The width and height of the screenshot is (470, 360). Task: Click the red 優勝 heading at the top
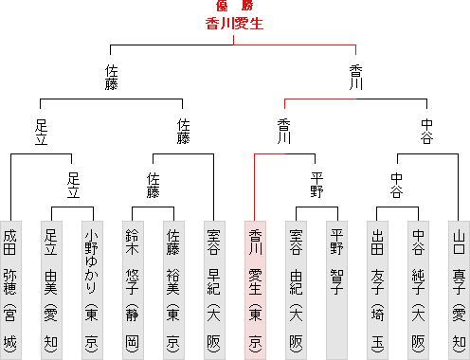234,6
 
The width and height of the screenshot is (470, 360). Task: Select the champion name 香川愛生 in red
234,24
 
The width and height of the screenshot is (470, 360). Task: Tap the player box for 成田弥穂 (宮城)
10,290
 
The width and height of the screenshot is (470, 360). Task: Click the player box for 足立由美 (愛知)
51,290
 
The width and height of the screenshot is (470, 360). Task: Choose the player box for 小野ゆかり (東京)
92,290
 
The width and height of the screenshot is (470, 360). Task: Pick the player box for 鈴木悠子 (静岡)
133,290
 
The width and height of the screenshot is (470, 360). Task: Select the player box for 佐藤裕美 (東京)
173,290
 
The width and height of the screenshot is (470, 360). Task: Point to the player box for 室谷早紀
214,290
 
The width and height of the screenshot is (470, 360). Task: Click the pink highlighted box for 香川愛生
255,290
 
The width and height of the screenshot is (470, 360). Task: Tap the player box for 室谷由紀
296,290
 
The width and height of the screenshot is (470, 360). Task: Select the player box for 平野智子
336,290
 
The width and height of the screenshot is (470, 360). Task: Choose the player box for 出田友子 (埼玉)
377,290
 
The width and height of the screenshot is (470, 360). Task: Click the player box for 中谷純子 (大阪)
418,290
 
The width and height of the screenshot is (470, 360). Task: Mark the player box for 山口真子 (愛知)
459,290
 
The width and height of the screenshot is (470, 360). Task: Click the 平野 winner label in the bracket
316,185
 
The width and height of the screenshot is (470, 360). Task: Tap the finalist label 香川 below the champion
356,78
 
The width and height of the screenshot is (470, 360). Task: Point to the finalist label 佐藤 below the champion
112,78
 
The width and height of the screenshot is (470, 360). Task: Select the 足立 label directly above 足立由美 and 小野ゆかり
73,185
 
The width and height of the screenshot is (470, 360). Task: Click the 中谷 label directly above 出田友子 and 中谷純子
397,185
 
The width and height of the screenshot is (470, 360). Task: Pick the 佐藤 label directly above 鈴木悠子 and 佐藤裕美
154,185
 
